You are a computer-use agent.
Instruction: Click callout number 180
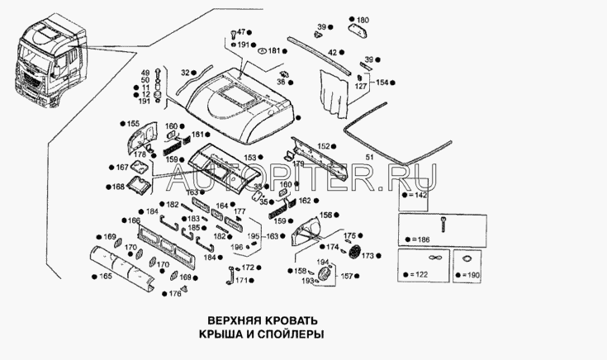(x=363, y=19)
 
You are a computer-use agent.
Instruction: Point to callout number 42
(x=332, y=53)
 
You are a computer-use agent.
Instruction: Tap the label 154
(x=381, y=83)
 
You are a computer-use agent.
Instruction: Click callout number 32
(x=185, y=72)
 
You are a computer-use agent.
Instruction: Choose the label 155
(x=133, y=124)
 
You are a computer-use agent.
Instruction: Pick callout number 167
(x=122, y=168)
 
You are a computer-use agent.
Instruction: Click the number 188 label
(x=119, y=187)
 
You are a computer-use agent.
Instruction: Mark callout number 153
(x=249, y=156)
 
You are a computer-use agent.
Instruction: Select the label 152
(x=323, y=145)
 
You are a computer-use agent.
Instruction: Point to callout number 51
(x=369, y=156)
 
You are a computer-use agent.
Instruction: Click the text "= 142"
(x=417, y=196)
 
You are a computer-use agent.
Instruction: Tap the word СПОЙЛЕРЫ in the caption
(x=286, y=334)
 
